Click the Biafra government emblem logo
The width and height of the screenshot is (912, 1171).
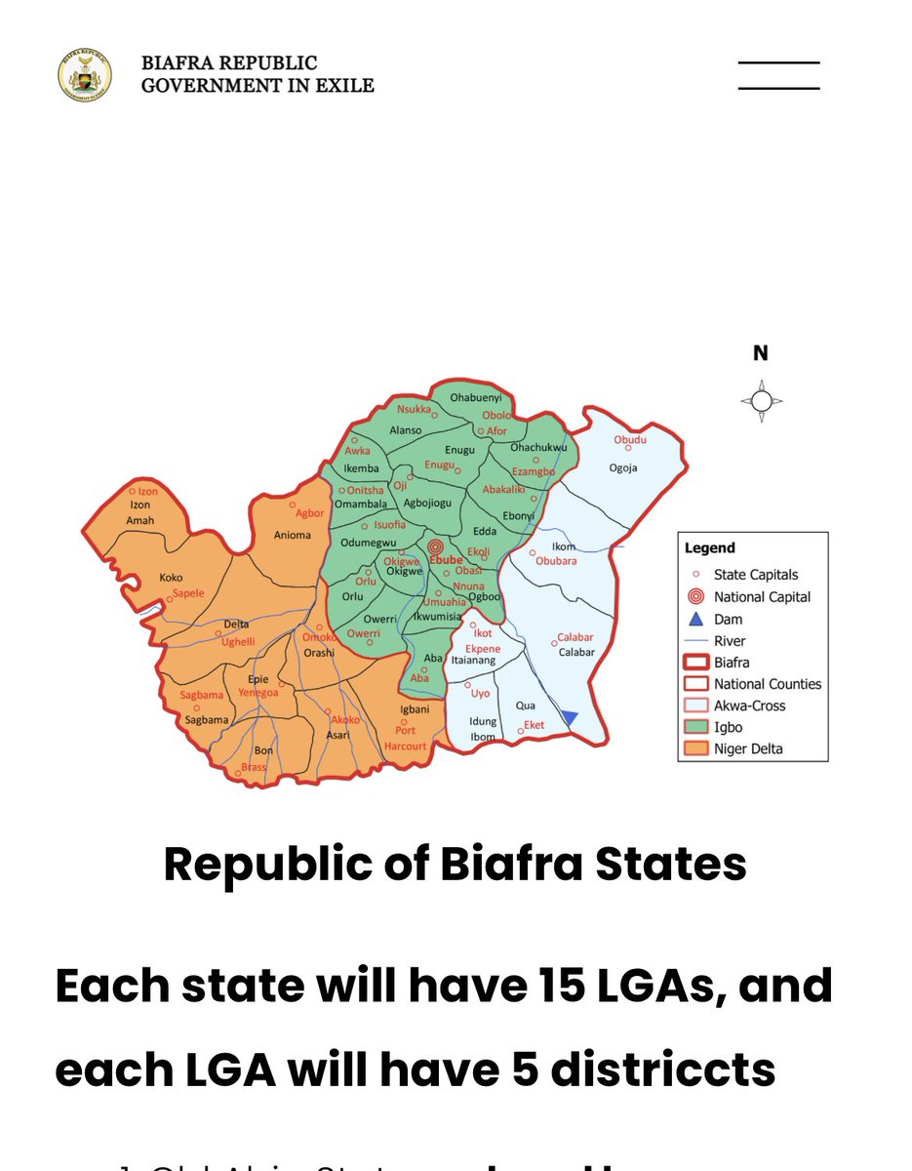point(85,74)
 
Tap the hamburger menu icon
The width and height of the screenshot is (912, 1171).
point(778,75)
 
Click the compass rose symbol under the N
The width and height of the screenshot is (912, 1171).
point(761,401)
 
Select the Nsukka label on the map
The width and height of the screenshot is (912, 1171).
point(414,409)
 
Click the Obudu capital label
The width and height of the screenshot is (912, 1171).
point(629,440)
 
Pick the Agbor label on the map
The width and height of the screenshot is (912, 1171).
point(309,513)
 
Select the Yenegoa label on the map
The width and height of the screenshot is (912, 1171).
point(258,693)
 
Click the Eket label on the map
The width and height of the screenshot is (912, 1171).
point(534,725)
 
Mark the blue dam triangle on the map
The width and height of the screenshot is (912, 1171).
point(570,718)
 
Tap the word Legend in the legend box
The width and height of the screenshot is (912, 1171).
point(709,548)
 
